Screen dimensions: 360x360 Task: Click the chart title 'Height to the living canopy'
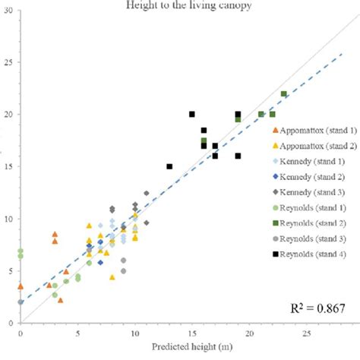pos(181,6)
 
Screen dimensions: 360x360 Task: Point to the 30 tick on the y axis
pos(8,11)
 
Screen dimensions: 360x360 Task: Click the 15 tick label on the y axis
pos(8,166)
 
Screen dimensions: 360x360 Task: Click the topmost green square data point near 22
pos(283,94)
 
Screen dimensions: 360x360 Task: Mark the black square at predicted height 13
pos(169,166)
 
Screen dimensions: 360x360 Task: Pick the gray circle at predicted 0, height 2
pos(21,302)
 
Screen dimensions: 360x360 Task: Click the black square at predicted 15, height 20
pos(192,114)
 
